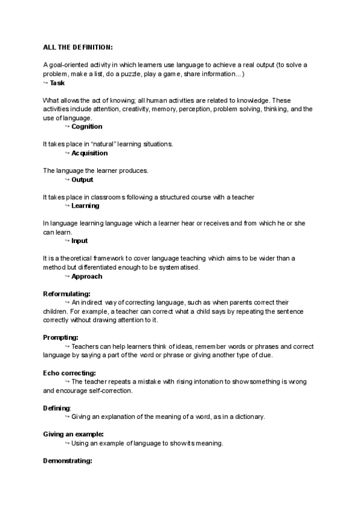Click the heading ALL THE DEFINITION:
point(78,47)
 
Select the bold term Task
point(58,83)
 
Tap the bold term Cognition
point(86,127)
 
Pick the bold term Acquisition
point(89,153)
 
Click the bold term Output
point(82,179)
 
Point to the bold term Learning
point(85,206)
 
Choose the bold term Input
point(79,241)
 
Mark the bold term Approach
point(86,276)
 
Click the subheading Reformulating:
point(67,294)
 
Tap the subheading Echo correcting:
point(70,373)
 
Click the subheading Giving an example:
point(73,434)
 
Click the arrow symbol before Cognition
point(67,127)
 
